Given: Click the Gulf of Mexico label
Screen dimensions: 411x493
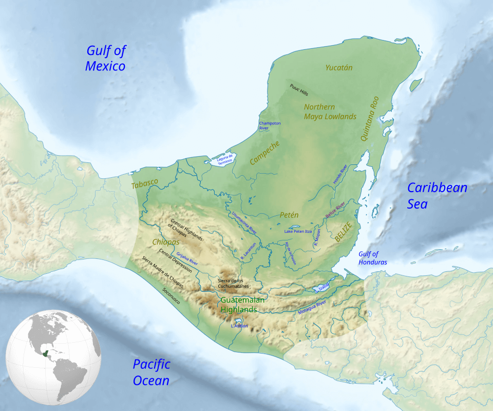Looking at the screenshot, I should tap(105, 58).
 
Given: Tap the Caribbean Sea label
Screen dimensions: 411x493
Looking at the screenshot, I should tap(437, 195).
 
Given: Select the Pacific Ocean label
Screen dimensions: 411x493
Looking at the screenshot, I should tap(151, 372).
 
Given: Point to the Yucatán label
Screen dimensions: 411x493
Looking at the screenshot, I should tap(339, 67).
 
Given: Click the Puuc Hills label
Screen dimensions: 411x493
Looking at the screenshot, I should tap(299, 90).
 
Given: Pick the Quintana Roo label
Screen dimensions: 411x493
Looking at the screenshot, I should tap(370, 119).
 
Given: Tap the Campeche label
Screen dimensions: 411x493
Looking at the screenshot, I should tap(264, 153).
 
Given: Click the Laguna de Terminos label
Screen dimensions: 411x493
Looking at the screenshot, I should tap(224, 159).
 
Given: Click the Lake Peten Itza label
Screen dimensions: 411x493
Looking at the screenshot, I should tap(298, 232).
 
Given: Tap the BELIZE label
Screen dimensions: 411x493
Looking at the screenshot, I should tap(343, 232).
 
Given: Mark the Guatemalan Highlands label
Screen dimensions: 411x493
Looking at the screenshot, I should tap(242, 305).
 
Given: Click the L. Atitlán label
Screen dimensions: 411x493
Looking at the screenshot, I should tap(239, 326).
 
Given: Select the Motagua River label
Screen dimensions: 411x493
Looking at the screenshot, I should tap(312, 307).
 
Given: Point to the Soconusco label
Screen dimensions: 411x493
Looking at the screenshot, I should tap(171, 295).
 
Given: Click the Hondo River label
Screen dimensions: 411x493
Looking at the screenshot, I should tap(340, 175).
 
